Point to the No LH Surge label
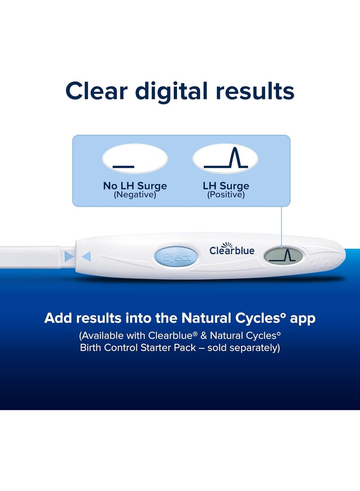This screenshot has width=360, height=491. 135,186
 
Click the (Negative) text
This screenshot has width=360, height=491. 135,195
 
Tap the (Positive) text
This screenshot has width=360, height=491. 225,195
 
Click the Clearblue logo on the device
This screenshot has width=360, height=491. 232,250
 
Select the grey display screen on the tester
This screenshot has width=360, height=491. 283,256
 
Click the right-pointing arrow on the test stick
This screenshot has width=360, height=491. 69,257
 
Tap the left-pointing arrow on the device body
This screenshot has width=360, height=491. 86,257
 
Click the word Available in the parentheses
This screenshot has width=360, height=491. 104,336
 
